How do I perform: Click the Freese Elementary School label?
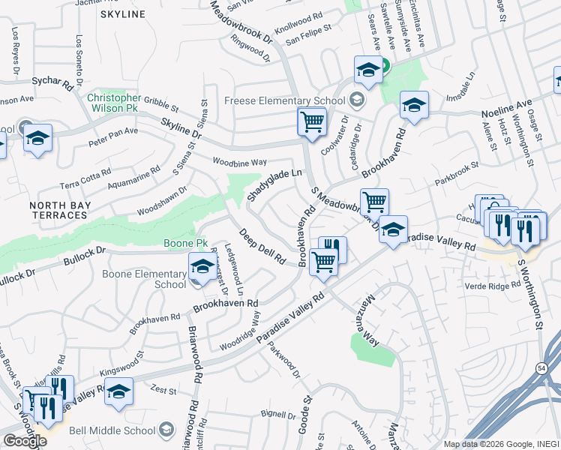tap(278, 101)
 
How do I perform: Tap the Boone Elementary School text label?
tap(160, 280)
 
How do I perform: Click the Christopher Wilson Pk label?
tap(113, 103)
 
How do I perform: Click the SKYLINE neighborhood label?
tap(121, 14)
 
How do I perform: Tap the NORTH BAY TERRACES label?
tap(58, 210)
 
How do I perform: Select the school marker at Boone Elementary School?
tap(201, 268)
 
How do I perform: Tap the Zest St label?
tap(163, 391)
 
